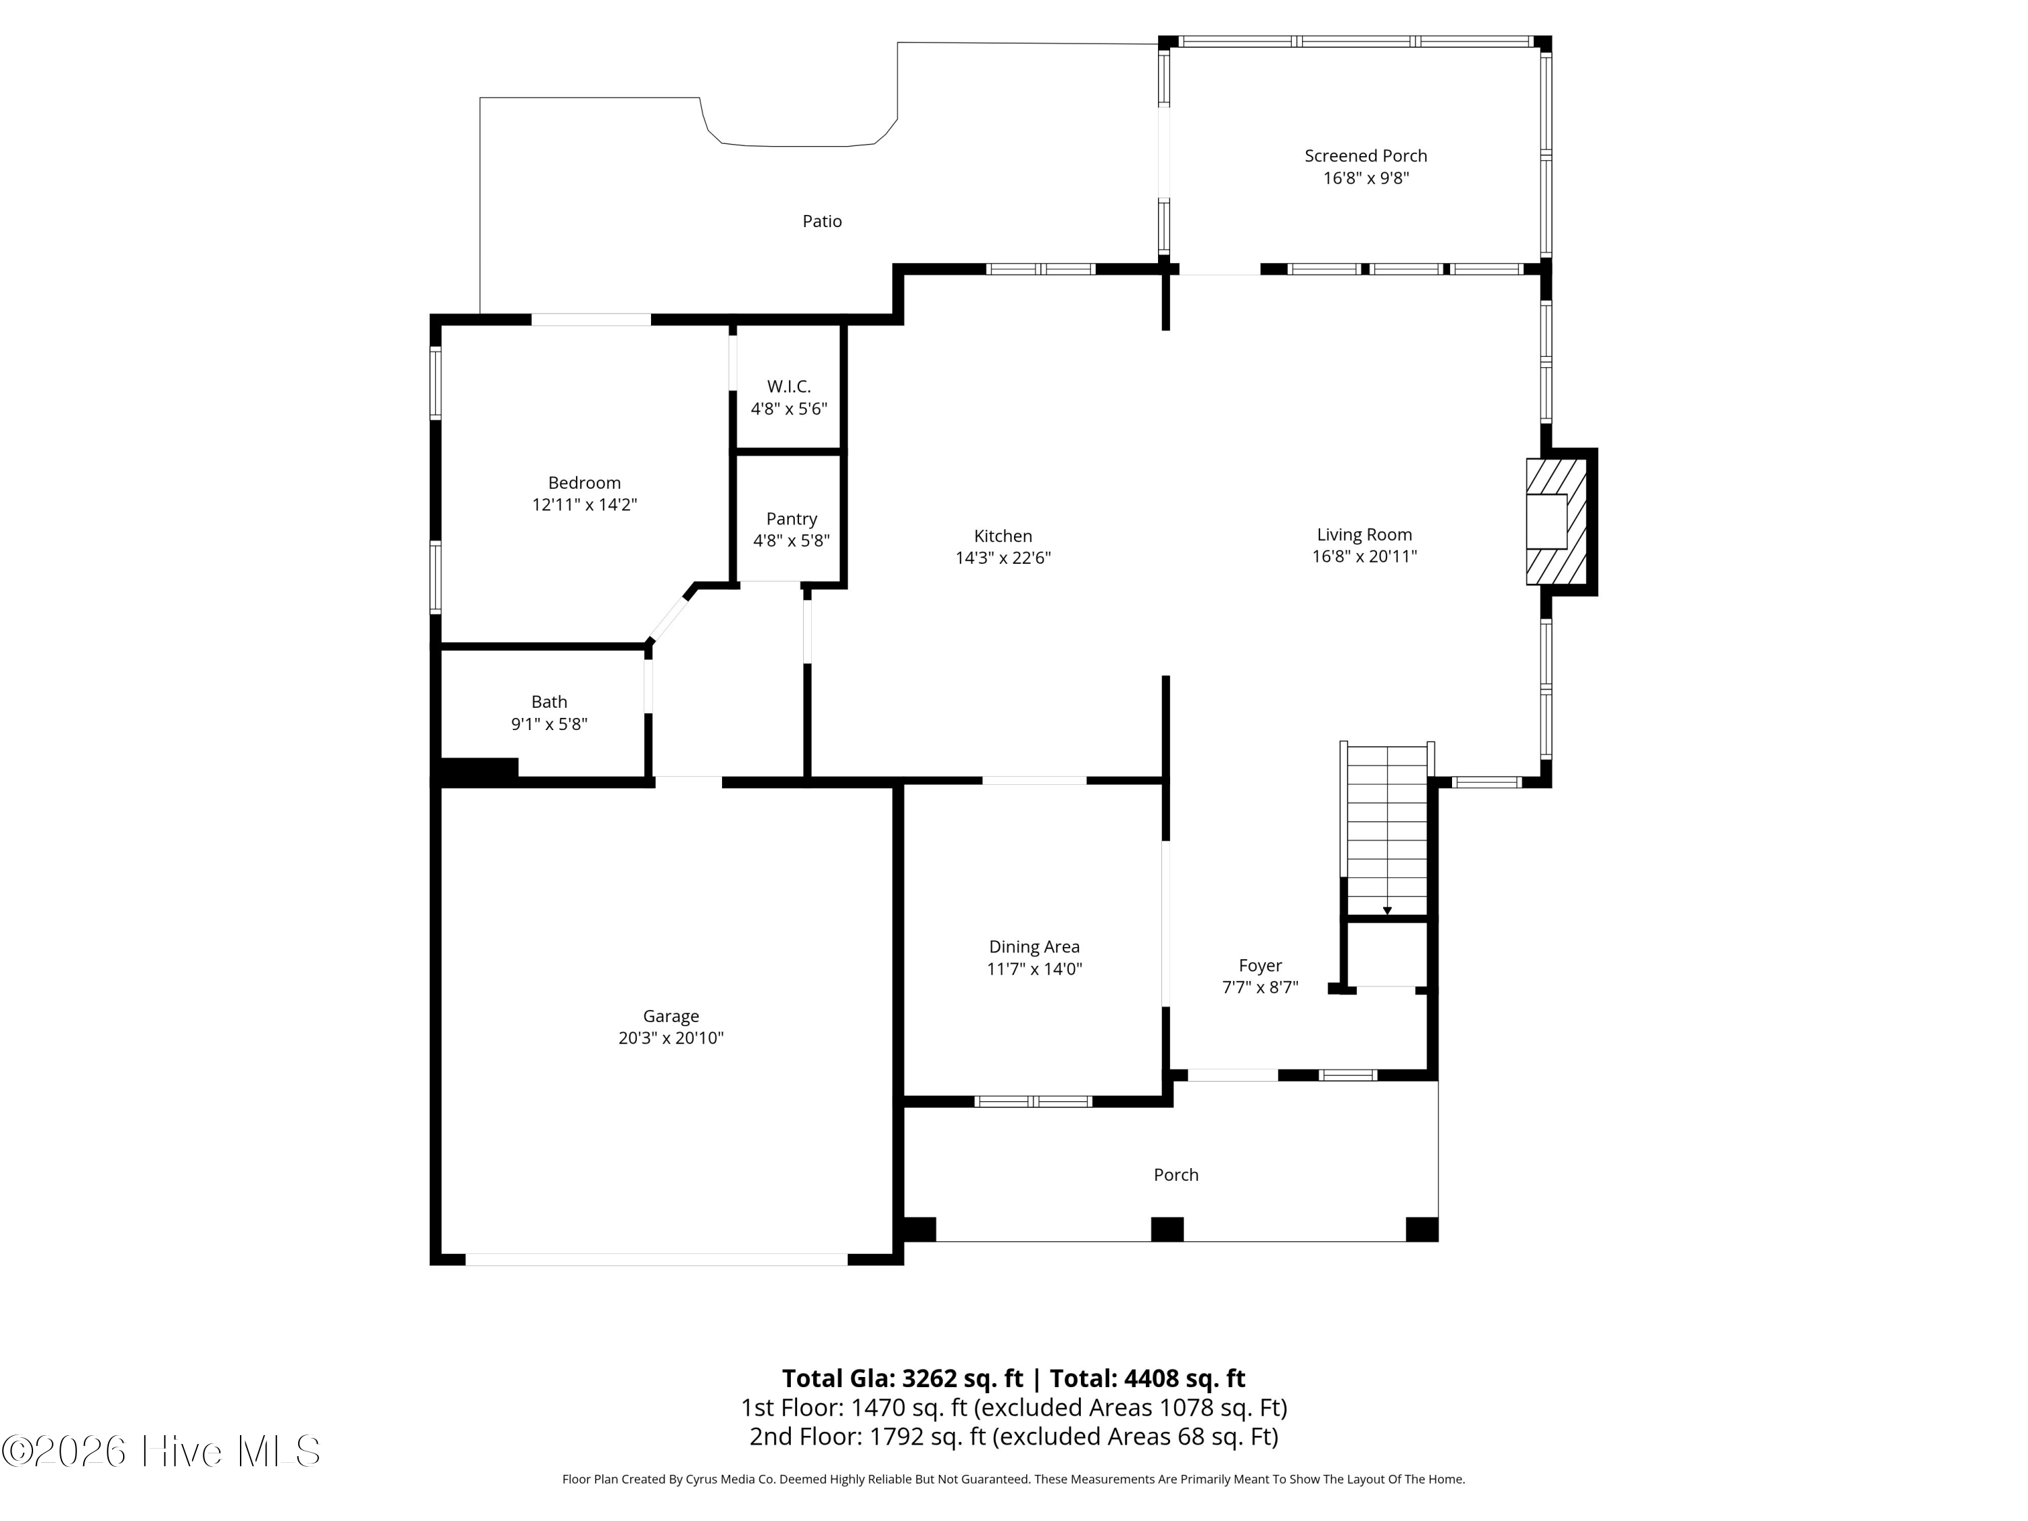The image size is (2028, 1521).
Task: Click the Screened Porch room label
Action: coord(1365,156)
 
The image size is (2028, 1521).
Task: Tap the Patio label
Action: coord(821,221)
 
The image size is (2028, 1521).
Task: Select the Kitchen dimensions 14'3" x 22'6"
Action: coord(1003,558)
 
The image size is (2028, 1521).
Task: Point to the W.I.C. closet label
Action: coord(788,387)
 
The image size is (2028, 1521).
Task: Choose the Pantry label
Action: coord(791,519)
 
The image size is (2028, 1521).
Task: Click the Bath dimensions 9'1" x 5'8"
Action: coord(548,724)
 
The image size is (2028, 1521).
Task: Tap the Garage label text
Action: coord(670,1016)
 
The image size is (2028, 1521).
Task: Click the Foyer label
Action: coord(1259,965)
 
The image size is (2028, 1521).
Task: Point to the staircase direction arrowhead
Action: coord(1387,911)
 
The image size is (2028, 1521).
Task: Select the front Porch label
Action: coord(1176,1174)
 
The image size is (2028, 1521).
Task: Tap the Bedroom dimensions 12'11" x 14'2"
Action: coord(584,504)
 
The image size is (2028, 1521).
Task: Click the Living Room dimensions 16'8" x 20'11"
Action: coord(1364,556)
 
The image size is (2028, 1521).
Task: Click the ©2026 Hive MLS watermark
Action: coord(162,1451)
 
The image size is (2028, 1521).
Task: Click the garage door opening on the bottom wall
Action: coord(656,1259)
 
